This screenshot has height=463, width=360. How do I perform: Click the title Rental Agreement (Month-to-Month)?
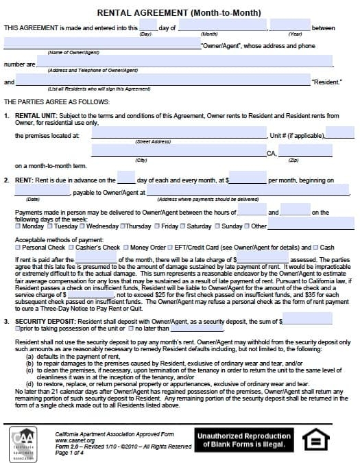(180, 12)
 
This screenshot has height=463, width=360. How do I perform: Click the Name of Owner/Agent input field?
(101, 45)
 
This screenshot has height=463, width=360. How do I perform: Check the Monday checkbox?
(19, 226)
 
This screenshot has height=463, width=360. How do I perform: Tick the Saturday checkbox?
(183, 226)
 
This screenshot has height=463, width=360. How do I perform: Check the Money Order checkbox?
(126, 247)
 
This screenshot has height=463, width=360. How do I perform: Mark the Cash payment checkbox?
(315, 247)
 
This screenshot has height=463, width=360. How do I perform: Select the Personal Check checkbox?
(19, 247)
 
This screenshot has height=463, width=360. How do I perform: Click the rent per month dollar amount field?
(248, 180)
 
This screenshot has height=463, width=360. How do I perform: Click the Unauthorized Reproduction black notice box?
(244, 440)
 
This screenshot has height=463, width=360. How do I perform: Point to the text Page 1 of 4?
(71, 453)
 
